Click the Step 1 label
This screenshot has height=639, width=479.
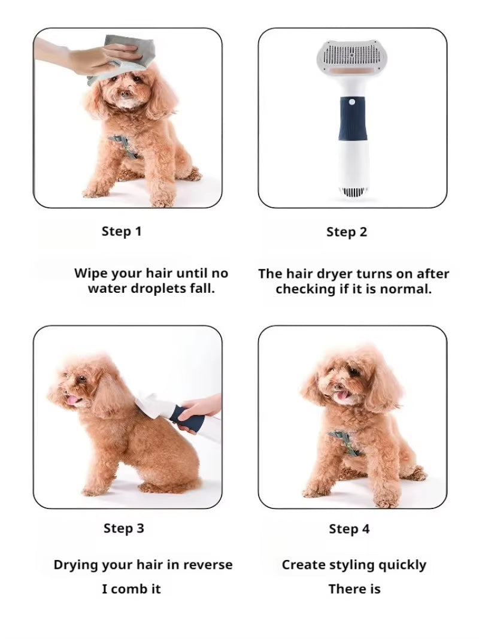(122, 231)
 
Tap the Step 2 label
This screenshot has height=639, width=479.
(347, 232)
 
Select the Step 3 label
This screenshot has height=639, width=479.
(124, 528)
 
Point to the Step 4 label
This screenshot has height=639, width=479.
(349, 529)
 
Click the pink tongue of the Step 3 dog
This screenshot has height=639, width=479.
(73, 400)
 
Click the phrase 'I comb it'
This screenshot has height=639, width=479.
(131, 589)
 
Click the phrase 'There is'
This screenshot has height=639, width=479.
(354, 589)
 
